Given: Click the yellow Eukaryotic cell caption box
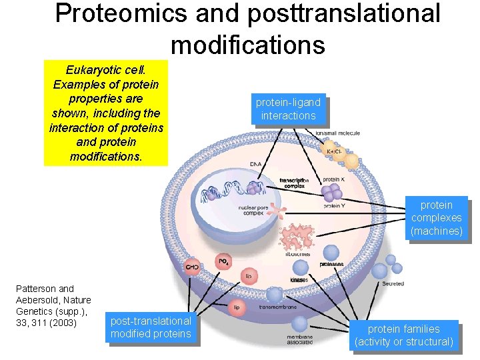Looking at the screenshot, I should (x=106, y=113).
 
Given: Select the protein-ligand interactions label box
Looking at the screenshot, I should (x=288, y=109).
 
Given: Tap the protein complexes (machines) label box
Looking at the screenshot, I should (x=436, y=218).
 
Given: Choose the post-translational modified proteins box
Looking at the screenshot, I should (x=151, y=327).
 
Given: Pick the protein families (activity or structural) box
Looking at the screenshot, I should (x=403, y=335).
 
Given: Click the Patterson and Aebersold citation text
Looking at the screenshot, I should (x=53, y=306).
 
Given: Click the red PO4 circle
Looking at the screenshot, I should (x=223, y=261).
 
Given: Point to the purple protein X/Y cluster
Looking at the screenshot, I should (x=331, y=193).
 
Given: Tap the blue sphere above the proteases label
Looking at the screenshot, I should (x=331, y=253).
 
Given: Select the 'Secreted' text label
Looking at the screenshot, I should (x=393, y=284).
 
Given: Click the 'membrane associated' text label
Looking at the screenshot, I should (x=299, y=341).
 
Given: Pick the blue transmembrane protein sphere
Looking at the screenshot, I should (x=274, y=295).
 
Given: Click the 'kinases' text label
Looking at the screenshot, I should (x=299, y=280).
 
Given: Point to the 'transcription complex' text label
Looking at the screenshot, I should (x=294, y=183).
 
